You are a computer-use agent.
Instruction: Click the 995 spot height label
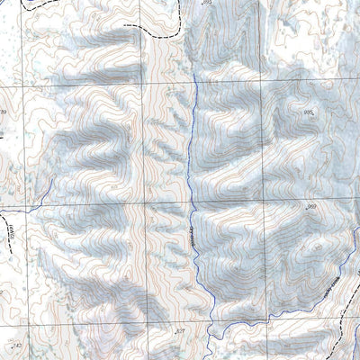point(309,112)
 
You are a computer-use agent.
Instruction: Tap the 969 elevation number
point(311,207)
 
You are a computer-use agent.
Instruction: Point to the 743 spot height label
point(15,346)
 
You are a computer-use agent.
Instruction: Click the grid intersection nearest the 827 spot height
point(144,322)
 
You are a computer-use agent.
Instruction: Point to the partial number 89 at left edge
point(4,112)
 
